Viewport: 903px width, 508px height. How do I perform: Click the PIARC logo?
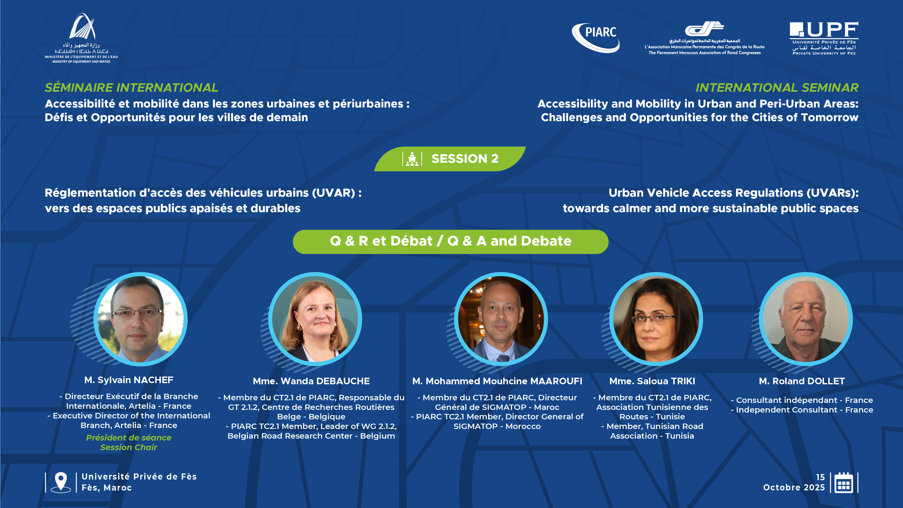click(x=596, y=38)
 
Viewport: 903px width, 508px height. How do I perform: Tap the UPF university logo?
click(x=824, y=38)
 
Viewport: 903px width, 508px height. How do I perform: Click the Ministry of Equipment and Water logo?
click(x=81, y=38)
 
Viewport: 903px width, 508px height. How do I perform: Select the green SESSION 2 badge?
click(x=450, y=159)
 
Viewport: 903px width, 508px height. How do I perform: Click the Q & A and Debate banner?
click(x=451, y=242)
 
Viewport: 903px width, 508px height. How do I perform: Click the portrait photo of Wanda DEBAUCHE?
click(x=315, y=319)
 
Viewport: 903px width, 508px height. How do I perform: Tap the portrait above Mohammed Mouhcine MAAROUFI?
click(x=501, y=319)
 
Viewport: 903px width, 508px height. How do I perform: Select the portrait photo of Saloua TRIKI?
click(x=656, y=319)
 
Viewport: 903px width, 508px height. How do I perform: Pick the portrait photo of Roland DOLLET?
click(x=806, y=319)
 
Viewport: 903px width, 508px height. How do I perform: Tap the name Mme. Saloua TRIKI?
click(x=652, y=381)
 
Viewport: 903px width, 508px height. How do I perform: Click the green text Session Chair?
click(x=129, y=447)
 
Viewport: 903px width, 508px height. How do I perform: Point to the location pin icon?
click(x=61, y=482)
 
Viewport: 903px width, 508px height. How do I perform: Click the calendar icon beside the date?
click(x=844, y=483)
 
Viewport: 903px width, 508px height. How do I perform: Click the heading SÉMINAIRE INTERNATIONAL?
click(x=131, y=88)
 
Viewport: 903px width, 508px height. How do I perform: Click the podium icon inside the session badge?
click(x=412, y=159)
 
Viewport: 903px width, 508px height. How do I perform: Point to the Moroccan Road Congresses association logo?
click(x=705, y=38)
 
